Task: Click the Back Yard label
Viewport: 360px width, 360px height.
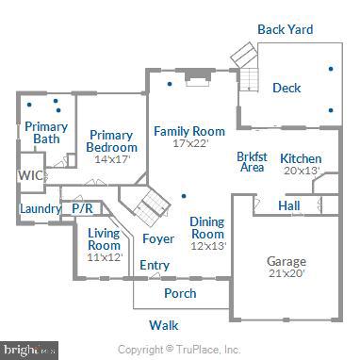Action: coord(285,29)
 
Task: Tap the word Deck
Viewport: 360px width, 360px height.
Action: coord(286,88)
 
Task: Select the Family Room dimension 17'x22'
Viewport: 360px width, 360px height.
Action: coord(189,144)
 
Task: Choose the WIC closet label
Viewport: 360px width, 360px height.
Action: coord(30,175)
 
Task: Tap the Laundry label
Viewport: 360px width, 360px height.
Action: coord(39,208)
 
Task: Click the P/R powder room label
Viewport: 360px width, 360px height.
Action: coord(81,208)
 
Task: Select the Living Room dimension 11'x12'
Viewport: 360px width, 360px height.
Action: coord(105,256)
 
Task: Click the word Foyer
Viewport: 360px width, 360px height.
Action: coord(157,238)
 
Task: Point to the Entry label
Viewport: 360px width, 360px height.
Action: coord(155,266)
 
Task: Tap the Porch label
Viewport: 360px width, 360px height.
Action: coord(180,293)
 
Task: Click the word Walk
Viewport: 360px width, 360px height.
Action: coord(164,325)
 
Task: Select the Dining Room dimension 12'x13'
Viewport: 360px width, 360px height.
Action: coord(207,246)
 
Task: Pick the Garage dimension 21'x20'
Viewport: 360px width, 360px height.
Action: coord(286,275)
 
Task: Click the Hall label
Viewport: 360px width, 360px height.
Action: coord(289,205)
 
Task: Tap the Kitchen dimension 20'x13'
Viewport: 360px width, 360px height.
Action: coord(301,171)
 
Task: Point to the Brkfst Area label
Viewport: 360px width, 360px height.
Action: coord(251,161)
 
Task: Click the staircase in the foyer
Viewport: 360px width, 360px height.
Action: coord(147,205)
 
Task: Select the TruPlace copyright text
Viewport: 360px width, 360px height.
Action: coord(185,349)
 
